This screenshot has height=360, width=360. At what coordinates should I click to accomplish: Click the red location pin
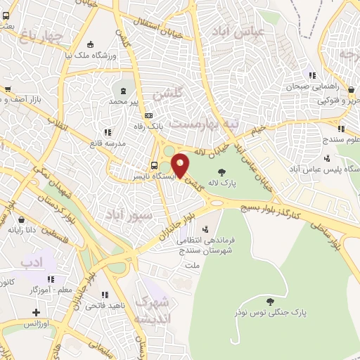point(181,165)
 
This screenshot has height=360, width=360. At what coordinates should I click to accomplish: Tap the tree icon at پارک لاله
point(222,171)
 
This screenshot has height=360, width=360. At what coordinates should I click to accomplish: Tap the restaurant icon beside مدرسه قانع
point(108,131)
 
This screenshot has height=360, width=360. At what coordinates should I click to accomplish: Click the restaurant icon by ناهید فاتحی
point(105,295)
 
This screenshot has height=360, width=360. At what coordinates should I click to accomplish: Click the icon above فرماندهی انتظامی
point(205,229)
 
